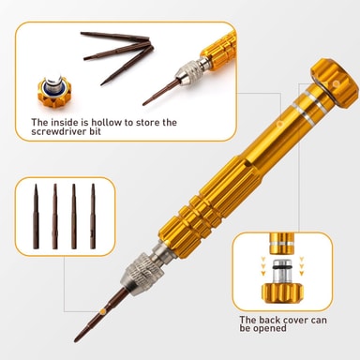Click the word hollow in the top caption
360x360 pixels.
tap(106, 122)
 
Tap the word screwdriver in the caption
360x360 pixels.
tap(58, 131)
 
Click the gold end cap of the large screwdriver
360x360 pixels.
tap(335, 82)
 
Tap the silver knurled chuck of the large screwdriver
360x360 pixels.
tap(142, 275)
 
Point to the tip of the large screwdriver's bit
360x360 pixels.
tap(76, 340)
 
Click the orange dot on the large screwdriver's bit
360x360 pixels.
tap(102, 311)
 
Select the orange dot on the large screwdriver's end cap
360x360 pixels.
tap(336, 83)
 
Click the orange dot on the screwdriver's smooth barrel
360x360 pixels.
tap(279, 124)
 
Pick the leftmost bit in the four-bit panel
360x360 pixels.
tap(36, 217)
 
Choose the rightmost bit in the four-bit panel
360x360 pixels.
tap(93, 217)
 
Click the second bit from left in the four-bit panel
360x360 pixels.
tap(55, 217)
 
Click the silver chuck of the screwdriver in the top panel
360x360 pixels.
tap(188, 73)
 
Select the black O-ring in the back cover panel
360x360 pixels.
tap(282, 268)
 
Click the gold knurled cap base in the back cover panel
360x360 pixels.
tap(282, 292)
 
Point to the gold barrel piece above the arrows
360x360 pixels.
tap(282, 243)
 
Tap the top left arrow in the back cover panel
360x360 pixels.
tap(263, 259)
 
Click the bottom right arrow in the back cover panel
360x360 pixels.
tap(302, 273)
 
